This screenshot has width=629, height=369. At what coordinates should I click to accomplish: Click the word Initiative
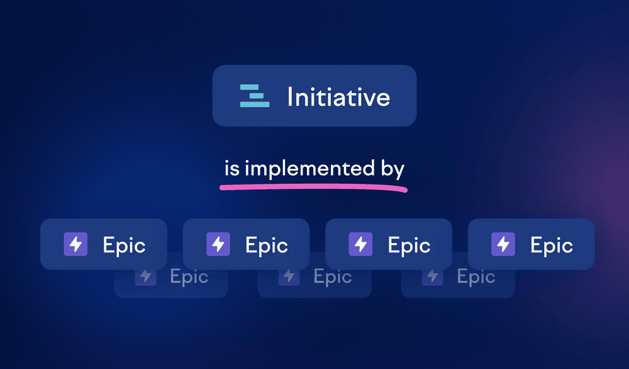pos(338,97)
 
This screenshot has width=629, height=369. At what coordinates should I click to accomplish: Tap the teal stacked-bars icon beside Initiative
pos(255,96)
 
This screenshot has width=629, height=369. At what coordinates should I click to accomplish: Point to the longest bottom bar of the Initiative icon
pos(255,105)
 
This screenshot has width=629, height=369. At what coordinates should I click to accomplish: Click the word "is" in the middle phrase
pos(232,168)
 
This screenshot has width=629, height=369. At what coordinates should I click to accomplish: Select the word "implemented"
pos(309,168)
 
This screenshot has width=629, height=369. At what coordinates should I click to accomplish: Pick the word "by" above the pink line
pos(392,169)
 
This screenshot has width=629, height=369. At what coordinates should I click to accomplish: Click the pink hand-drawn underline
pos(313,187)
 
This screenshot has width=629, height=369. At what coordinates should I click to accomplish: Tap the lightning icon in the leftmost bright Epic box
pos(75,244)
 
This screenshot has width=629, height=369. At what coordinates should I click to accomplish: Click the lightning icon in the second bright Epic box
pos(218,244)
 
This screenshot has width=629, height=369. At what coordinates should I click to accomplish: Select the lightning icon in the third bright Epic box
pos(360,244)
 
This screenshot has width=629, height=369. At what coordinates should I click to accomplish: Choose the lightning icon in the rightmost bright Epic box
pos(503,244)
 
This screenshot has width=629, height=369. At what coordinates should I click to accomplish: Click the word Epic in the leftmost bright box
pos(124,246)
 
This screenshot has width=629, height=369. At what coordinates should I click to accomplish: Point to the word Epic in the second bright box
pos(267,246)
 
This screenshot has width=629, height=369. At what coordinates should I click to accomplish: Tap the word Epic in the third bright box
pos(409,246)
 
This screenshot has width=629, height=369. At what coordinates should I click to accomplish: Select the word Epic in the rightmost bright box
pos(552,246)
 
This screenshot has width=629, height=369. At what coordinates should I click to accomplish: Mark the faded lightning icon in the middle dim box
pos(289,276)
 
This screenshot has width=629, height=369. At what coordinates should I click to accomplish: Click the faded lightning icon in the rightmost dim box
pos(433,276)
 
